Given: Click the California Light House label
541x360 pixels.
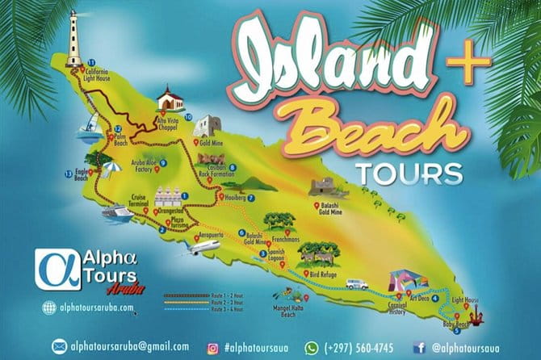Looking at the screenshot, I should [x=96, y=73].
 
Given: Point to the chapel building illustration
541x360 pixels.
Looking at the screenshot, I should [x=170, y=100].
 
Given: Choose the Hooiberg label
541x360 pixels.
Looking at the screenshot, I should [x=234, y=198].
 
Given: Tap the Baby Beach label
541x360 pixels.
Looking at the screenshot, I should [x=455, y=324].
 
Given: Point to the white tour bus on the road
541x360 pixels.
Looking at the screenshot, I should [x=357, y=284].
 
